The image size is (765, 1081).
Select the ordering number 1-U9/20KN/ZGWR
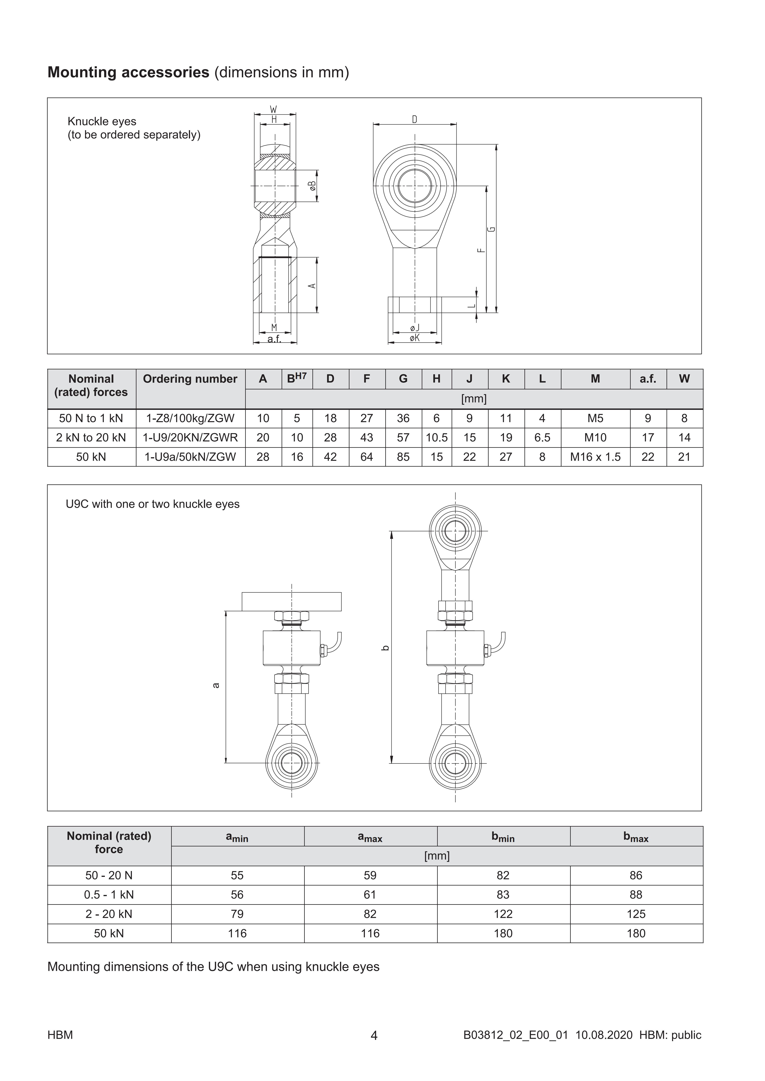190,437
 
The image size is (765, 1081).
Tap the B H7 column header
297,379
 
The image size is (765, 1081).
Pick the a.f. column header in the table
648,379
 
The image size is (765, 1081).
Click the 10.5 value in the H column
437,437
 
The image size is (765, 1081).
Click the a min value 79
237,914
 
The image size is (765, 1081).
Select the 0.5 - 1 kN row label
109,895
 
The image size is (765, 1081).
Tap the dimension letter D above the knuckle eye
415,120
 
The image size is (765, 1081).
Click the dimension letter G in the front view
492,229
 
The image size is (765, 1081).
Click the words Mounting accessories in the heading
128,72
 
